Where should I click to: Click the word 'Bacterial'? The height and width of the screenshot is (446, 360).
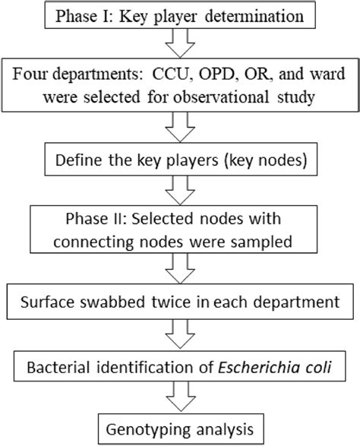pos(62,369)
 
